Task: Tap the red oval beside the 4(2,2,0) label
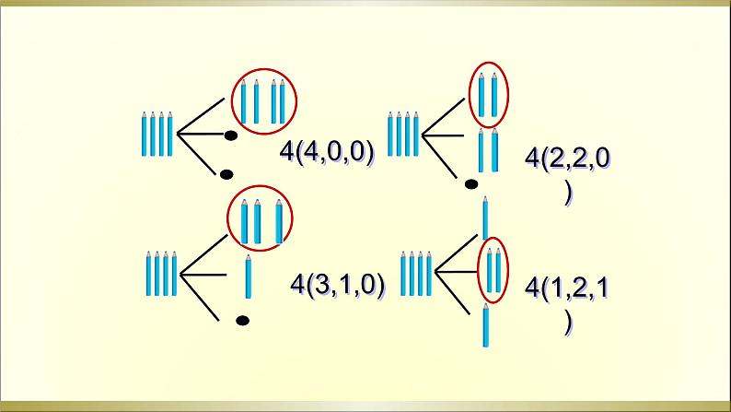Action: (x=489, y=95)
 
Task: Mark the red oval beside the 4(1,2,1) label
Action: (x=493, y=270)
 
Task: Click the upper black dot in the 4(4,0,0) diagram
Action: (x=231, y=136)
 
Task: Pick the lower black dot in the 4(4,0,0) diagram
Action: (x=224, y=173)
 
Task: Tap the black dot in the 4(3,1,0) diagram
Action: (x=242, y=321)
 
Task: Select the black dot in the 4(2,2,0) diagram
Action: (x=471, y=184)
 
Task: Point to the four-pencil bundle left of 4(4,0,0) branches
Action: (x=157, y=135)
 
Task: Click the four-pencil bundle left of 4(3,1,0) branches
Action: (x=160, y=273)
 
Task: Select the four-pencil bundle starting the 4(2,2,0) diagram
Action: (x=402, y=135)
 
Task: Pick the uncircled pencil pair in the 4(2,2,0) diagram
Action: (x=488, y=151)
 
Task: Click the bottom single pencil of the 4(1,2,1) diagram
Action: (x=485, y=325)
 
